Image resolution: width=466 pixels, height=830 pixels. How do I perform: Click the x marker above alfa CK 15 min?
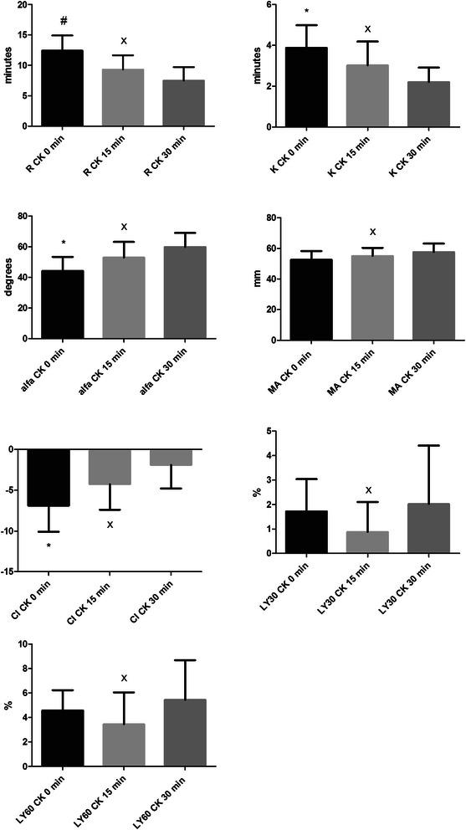pos(124,227)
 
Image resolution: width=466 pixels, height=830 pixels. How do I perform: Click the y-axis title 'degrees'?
pos(9,279)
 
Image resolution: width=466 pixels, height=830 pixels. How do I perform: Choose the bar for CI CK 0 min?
pos(50,478)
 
